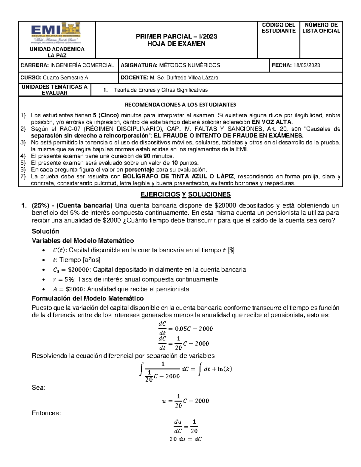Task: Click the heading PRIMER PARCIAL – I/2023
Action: click(176, 36)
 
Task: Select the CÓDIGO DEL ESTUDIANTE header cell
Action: click(278, 28)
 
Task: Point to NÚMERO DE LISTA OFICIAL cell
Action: click(321, 28)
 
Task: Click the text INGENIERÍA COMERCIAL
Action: click(82, 65)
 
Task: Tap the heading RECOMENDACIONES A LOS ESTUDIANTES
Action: click(180, 105)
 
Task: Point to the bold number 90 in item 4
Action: click(147, 156)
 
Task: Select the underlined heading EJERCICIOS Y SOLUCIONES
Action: click(186, 194)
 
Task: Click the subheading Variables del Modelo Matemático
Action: click(83, 241)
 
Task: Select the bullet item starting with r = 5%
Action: click(135, 279)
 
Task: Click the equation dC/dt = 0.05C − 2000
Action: click(185, 328)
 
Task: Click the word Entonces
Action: click(46, 413)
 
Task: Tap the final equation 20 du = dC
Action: click(185, 439)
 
